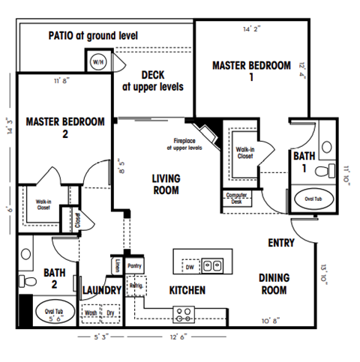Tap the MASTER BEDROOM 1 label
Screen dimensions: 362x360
(x=251, y=71)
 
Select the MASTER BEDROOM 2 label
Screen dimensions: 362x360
(x=64, y=127)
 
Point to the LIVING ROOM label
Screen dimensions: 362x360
(x=165, y=184)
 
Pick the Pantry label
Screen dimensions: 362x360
(x=135, y=265)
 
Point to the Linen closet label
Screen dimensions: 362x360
(x=117, y=265)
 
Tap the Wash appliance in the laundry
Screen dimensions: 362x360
(x=90, y=313)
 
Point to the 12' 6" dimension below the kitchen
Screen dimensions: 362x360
(x=178, y=337)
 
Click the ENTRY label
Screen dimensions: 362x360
(x=281, y=244)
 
